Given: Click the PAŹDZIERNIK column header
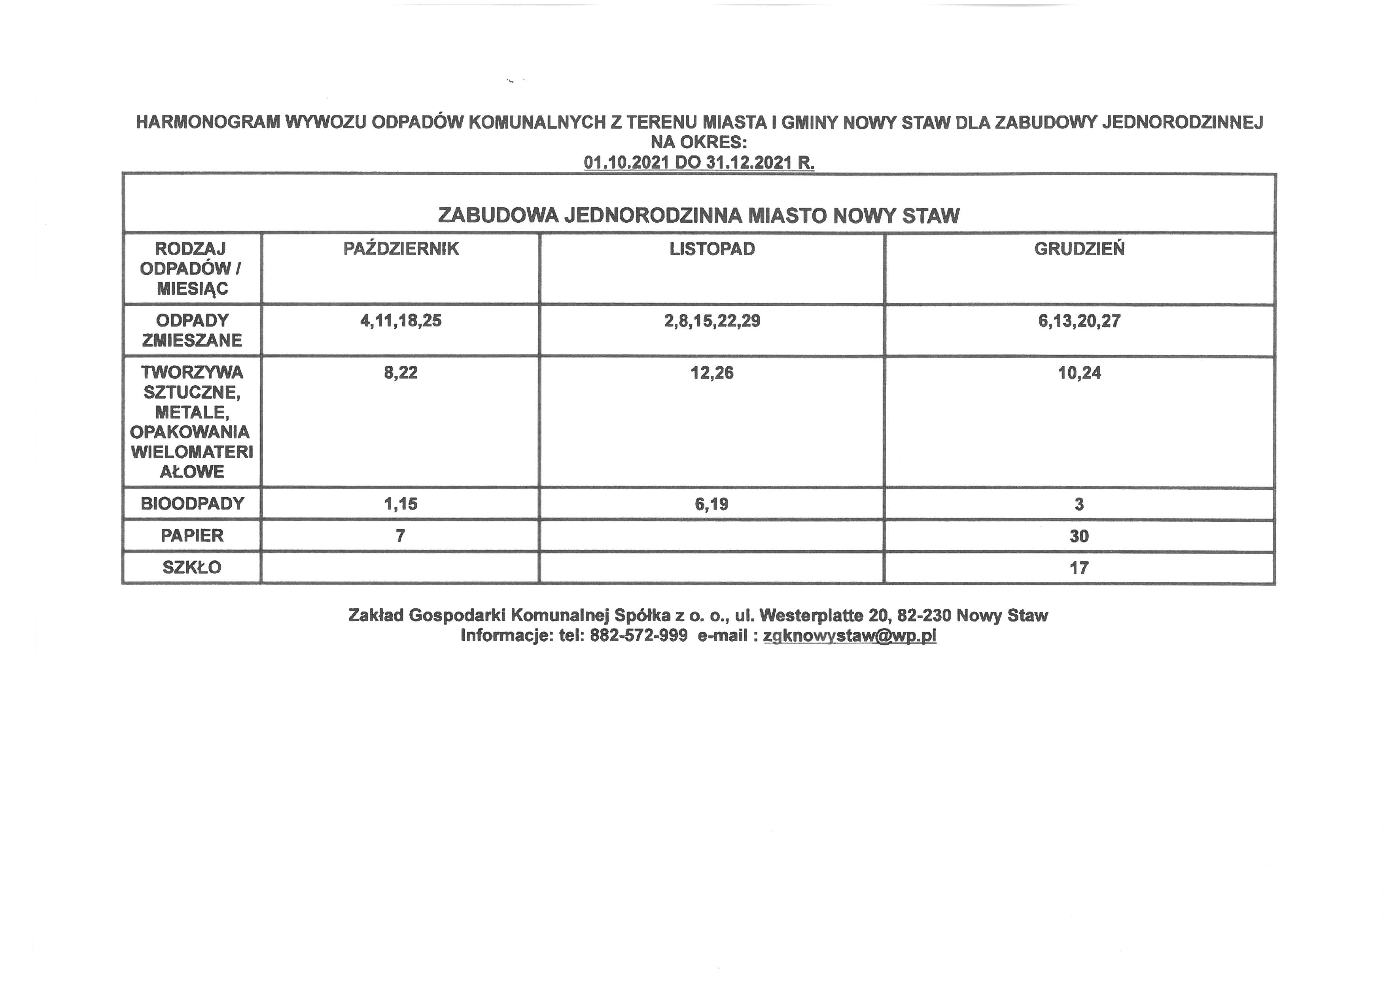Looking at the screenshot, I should coord(401,249).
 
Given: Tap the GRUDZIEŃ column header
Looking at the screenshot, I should coord(1079,249).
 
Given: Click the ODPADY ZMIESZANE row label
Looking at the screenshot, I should coord(192,330).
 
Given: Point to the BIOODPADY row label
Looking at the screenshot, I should coord(192,503).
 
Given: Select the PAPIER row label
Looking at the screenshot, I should coord(192,535).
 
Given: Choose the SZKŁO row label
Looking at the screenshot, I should coord(192,567).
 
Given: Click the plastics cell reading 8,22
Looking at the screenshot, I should coord(401,372).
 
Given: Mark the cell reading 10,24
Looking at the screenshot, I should coord(1079,372).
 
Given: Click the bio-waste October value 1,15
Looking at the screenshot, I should coord(401,503).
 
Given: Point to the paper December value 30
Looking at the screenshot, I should coord(1079,536).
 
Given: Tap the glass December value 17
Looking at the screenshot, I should coord(1079,568).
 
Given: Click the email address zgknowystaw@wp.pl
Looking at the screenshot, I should coord(850,636).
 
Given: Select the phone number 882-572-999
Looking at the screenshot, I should coord(639,636).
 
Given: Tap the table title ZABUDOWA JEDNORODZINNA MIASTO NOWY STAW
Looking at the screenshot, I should coord(698,216).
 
